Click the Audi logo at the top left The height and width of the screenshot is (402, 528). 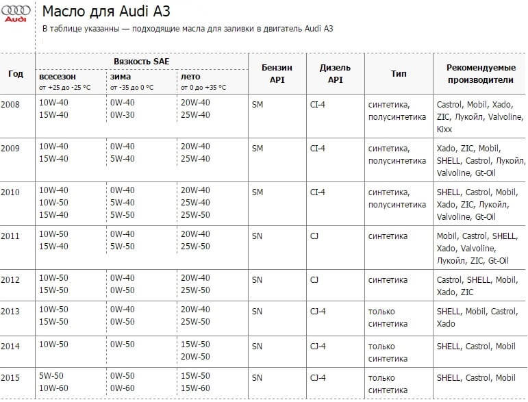pyautogui.click(x=16, y=13)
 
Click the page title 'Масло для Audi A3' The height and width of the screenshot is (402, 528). pyautogui.click(x=106, y=12)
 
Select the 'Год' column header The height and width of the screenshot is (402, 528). pyautogui.click(x=15, y=74)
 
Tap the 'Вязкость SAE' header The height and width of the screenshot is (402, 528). pyautogui.click(x=142, y=62)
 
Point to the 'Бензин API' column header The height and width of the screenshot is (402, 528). pyautogui.click(x=277, y=74)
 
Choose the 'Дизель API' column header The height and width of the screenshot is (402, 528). pyautogui.click(x=335, y=74)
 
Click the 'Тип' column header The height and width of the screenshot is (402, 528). pyautogui.click(x=398, y=74)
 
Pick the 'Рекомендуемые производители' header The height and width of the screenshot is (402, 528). pyautogui.click(x=480, y=74)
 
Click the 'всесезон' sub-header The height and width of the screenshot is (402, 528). pyautogui.click(x=58, y=77)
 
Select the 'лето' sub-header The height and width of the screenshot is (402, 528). pyautogui.click(x=190, y=77)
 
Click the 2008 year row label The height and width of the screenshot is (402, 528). pyautogui.click(x=11, y=103)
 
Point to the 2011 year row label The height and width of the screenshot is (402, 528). pyautogui.click(x=11, y=236)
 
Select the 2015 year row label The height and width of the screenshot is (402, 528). pyautogui.click(x=11, y=378)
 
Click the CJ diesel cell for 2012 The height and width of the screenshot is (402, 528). pyautogui.click(x=314, y=280)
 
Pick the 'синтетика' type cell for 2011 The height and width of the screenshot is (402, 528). pyautogui.click(x=388, y=236)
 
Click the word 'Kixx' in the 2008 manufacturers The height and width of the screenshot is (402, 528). pyautogui.click(x=444, y=129)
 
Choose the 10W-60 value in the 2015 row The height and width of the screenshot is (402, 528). pyautogui.click(x=53, y=389)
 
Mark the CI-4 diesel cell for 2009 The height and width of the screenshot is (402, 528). pyautogui.click(x=318, y=149)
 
